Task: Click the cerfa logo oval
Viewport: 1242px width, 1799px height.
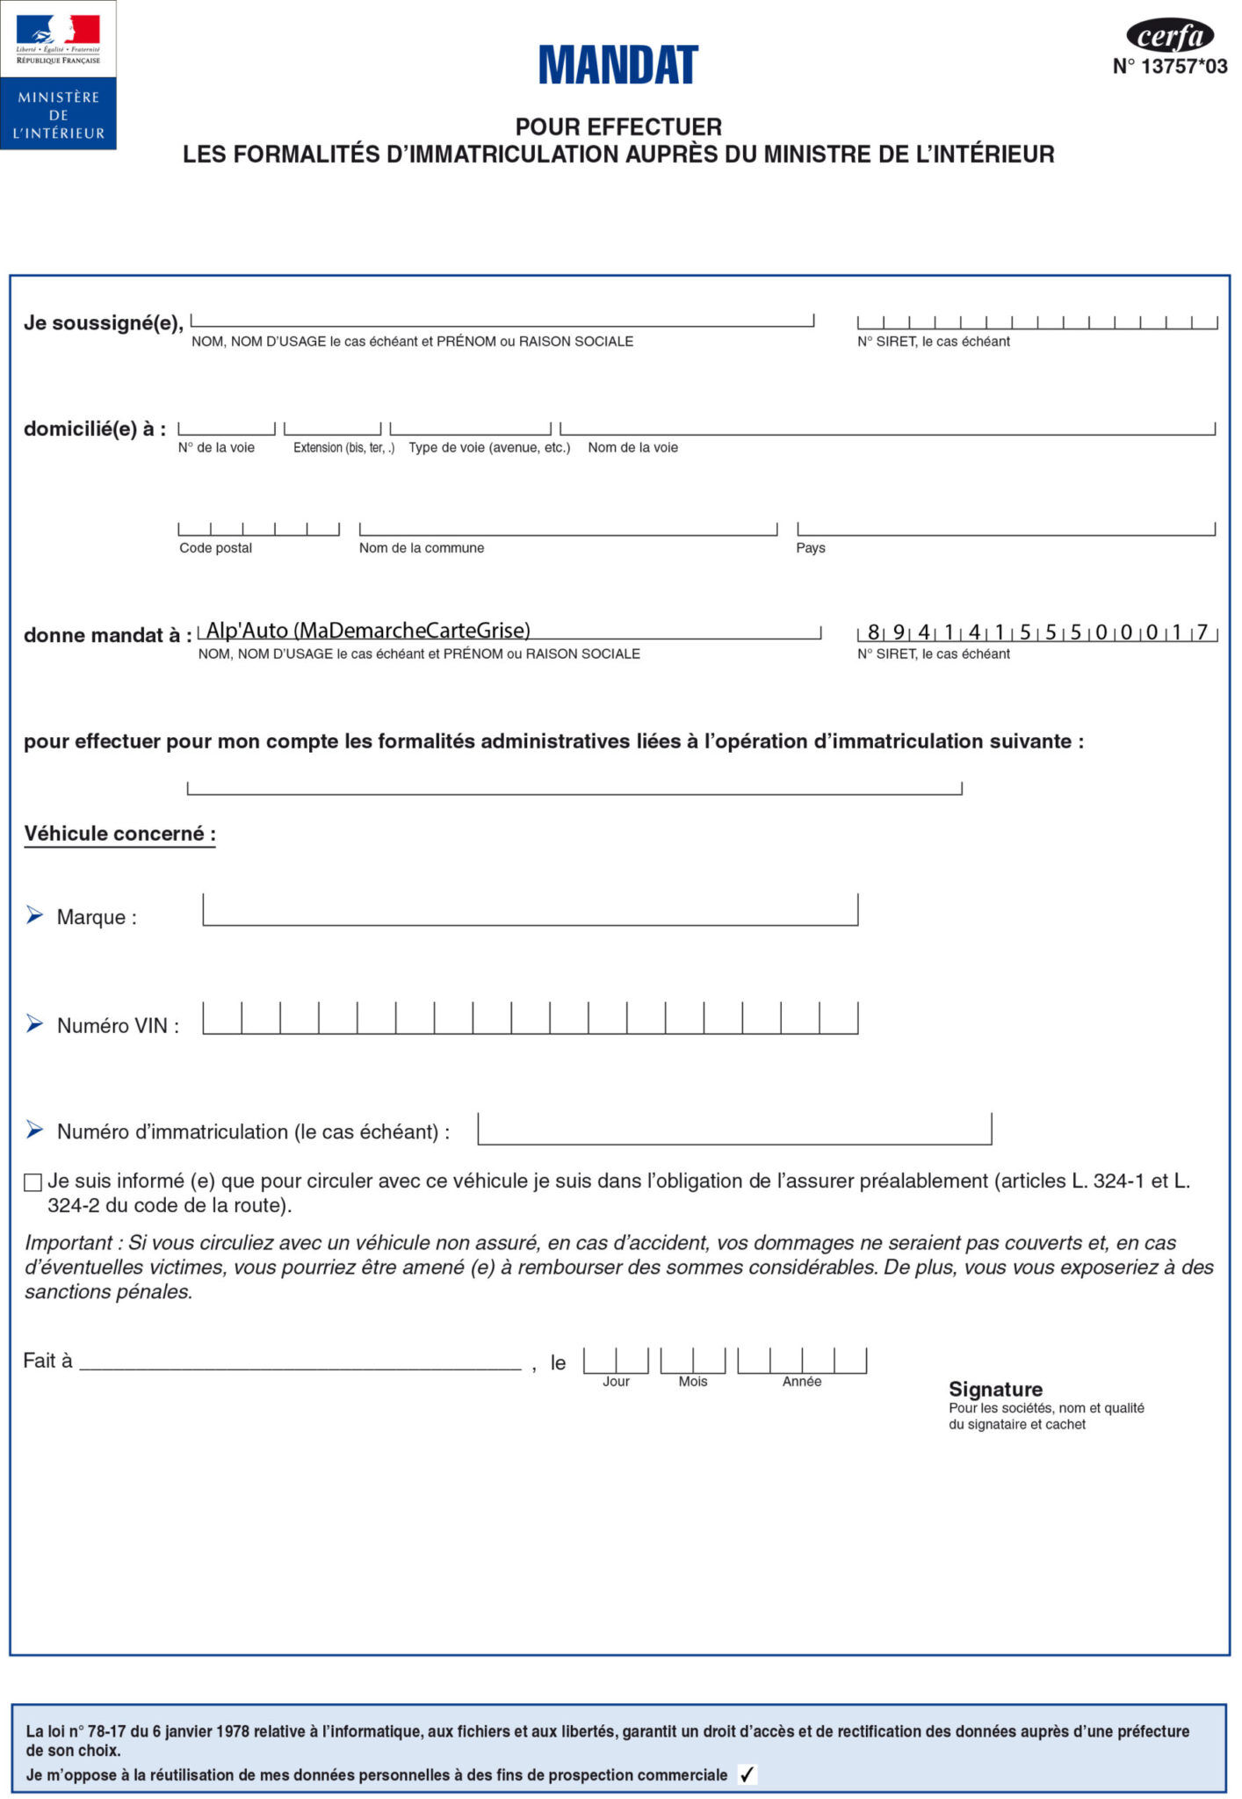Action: click(x=1169, y=36)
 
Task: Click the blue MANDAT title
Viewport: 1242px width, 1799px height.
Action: click(x=618, y=65)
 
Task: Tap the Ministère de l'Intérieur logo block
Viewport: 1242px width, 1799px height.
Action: click(x=58, y=76)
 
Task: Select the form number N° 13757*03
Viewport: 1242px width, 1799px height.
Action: click(x=1169, y=67)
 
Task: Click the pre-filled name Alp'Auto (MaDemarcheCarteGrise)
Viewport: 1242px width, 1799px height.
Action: click(x=368, y=630)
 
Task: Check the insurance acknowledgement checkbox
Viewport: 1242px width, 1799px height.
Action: click(x=33, y=1182)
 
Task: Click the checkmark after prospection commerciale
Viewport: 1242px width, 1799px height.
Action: click(x=747, y=1774)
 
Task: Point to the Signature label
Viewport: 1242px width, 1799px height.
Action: click(x=995, y=1389)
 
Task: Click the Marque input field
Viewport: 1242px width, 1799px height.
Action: click(x=530, y=910)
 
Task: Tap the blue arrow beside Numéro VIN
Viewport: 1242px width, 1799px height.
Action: click(x=34, y=1023)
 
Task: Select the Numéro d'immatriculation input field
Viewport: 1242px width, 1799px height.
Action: click(x=734, y=1129)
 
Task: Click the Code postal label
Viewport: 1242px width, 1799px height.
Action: click(x=215, y=548)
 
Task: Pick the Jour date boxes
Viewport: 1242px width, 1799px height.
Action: click(x=616, y=1361)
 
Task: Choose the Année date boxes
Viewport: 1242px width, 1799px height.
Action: click(x=801, y=1361)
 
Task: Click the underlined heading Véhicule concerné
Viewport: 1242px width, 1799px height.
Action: click(x=119, y=834)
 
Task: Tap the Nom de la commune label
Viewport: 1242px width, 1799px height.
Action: click(x=422, y=548)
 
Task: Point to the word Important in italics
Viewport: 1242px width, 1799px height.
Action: click(x=69, y=1243)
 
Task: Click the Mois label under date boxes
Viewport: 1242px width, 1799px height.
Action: click(x=692, y=1382)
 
